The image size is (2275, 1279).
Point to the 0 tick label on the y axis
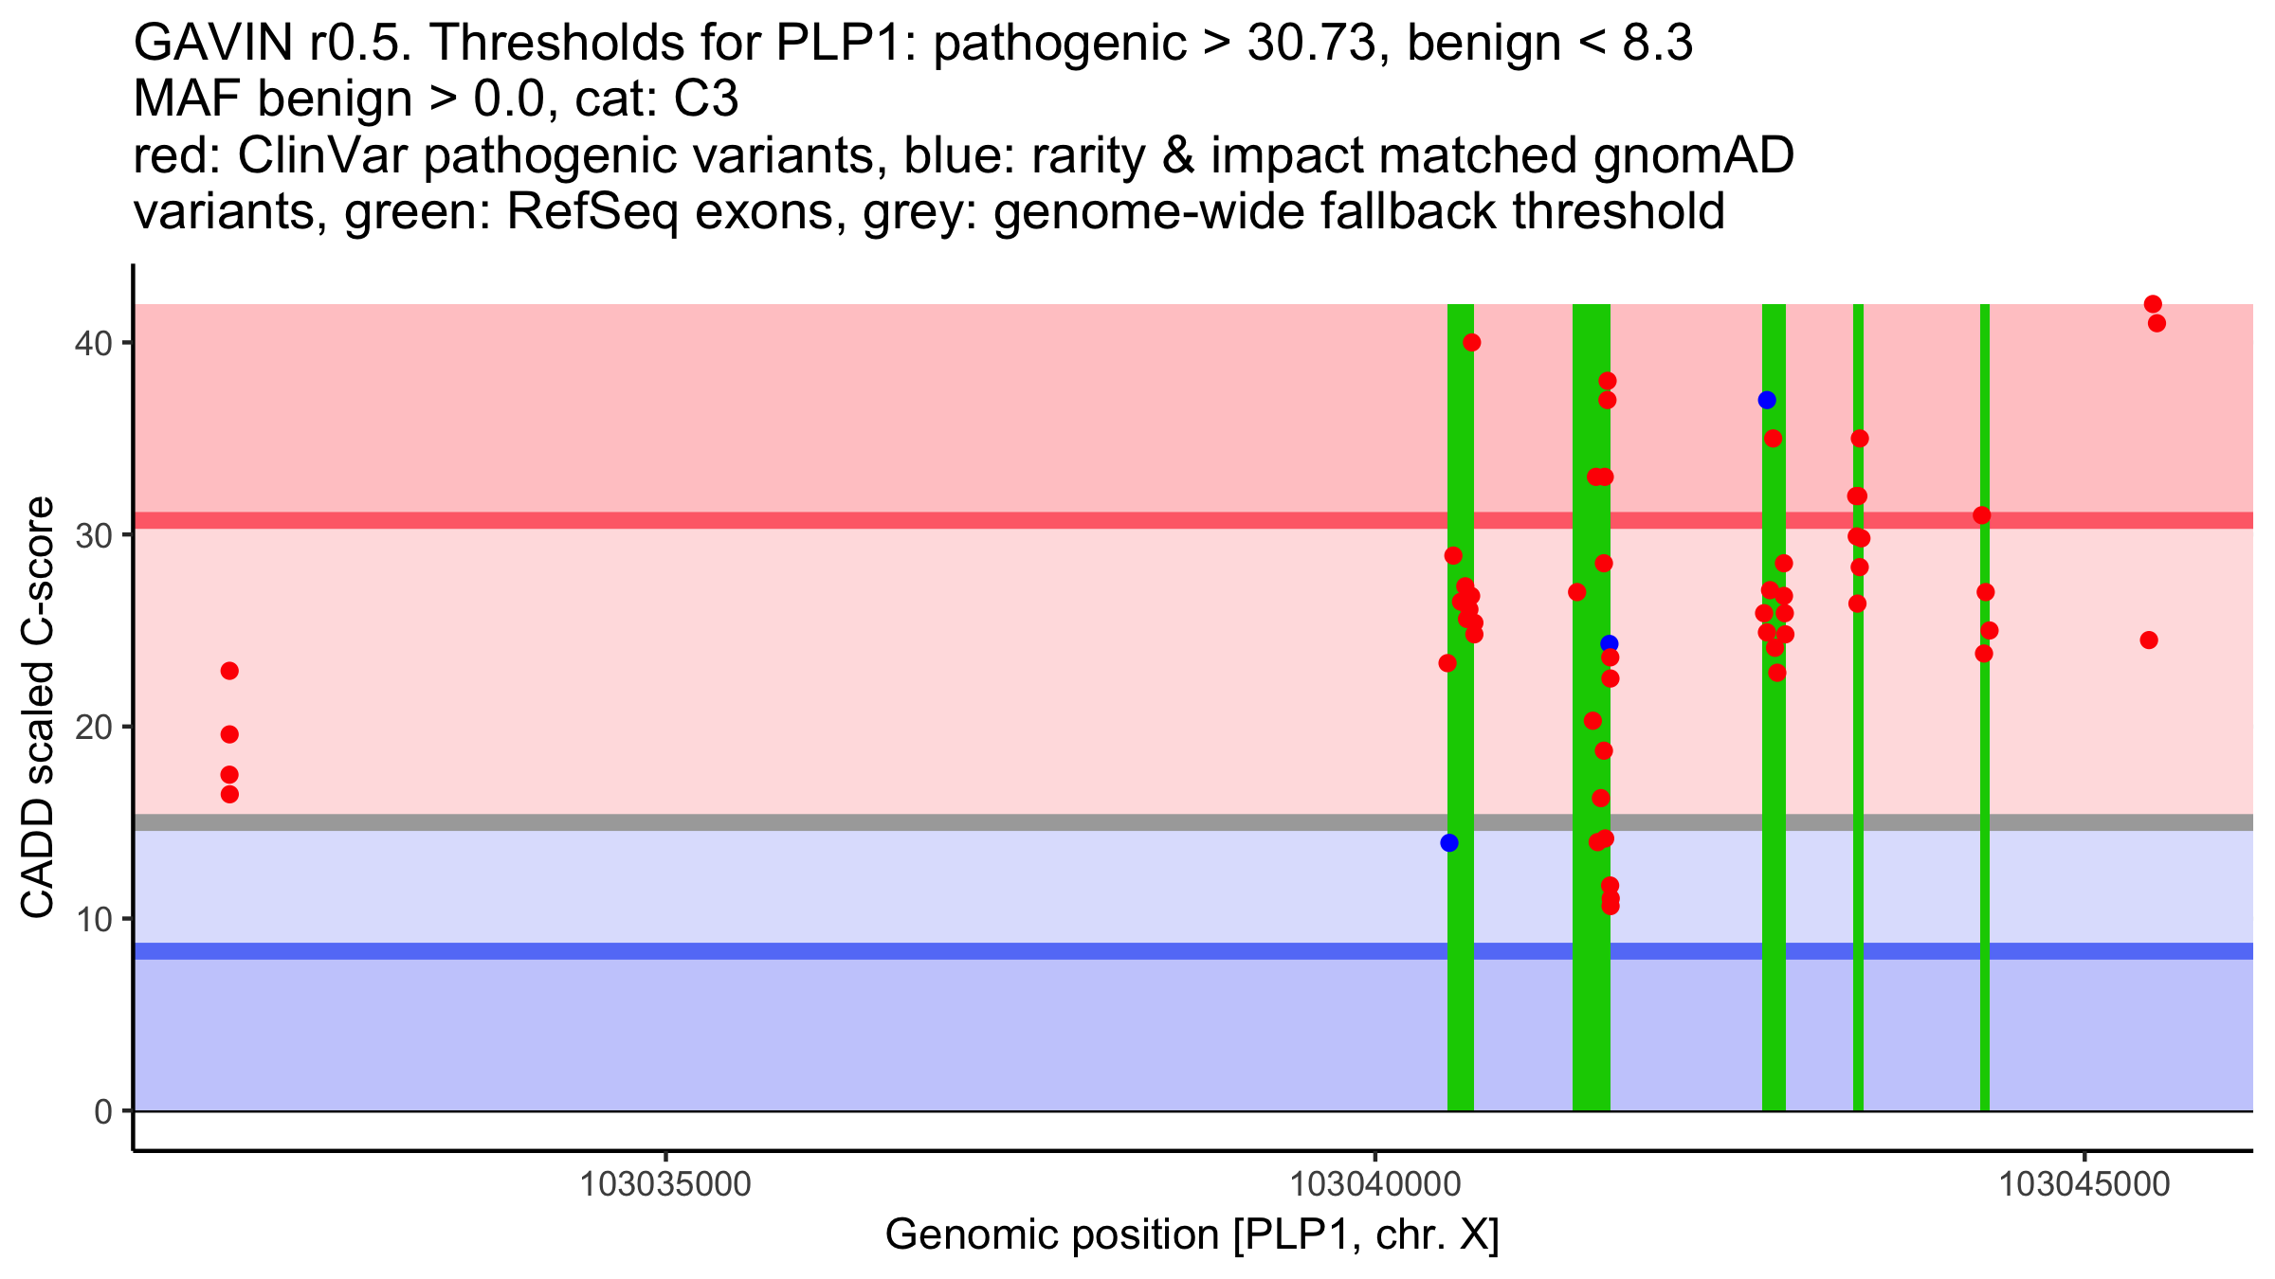pyautogui.click(x=102, y=1111)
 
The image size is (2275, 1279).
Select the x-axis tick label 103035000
pyautogui.click(x=665, y=1184)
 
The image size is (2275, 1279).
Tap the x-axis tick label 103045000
pyautogui.click(x=2084, y=1184)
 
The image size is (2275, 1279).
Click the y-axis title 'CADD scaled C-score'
pyautogui.click(x=38, y=709)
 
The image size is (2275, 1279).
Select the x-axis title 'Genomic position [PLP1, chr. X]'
pyautogui.click(x=1192, y=1235)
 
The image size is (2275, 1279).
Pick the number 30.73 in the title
pyautogui.click(x=1311, y=43)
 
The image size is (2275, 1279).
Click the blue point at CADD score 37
pyautogui.click(x=1767, y=400)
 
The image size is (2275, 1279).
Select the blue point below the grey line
pyautogui.click(x=1449, y=843)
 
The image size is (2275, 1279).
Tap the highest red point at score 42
pyautogui.click(x=2153, y=304)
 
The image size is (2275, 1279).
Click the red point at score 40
pyautogui.click(x=1471, y=342)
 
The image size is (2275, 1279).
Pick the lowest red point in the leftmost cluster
pyautogui.click(x=229, y=794)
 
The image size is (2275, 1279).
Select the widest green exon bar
pyautogui.click(x=1592, y=1023)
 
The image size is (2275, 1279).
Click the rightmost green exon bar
pyautogui.click(x=1985, y=1023)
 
